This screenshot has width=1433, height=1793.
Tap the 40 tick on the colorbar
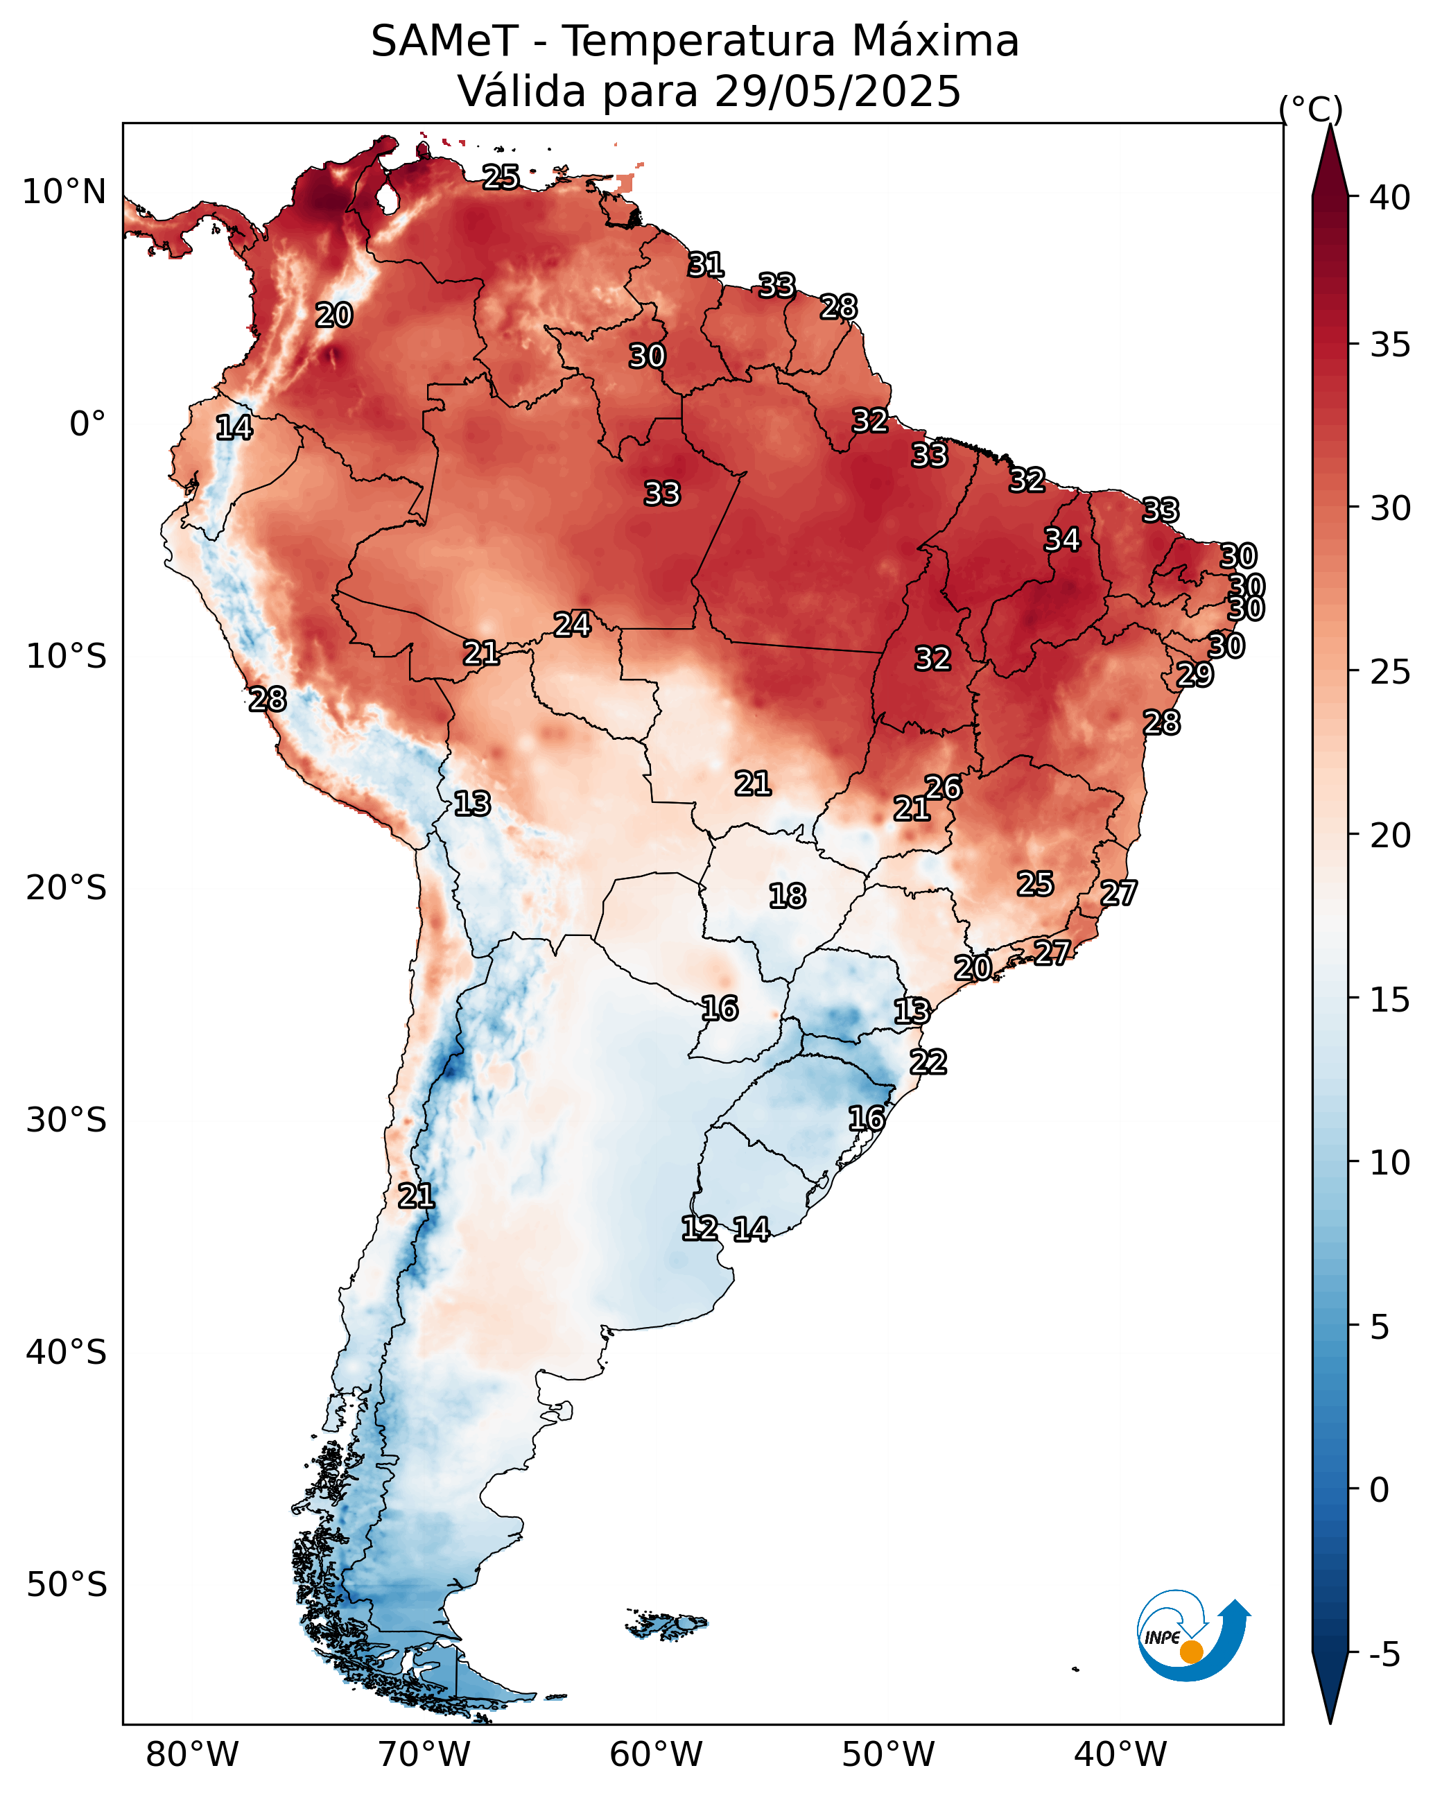(x=1389, y=198)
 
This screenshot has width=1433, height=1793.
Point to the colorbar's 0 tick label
(x=1378, y=1490)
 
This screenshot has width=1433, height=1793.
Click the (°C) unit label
(x=1310, y=109)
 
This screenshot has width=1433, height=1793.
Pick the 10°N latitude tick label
(x=64, y=192)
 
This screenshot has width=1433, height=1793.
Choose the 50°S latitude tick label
(x=67, y=1585)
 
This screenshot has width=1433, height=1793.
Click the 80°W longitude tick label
(x=192, y=1755)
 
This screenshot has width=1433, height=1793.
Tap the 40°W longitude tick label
(x=1120, y=1755)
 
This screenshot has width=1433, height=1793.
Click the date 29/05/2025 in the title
(x=837, y=92)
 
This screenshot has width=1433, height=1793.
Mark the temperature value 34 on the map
(x=1062, y=539)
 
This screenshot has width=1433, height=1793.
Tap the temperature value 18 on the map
(x=787, y=896)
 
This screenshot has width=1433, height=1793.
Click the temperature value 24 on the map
(x=572, y=625)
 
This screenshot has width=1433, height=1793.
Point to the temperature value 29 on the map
(x=1195, y=675)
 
